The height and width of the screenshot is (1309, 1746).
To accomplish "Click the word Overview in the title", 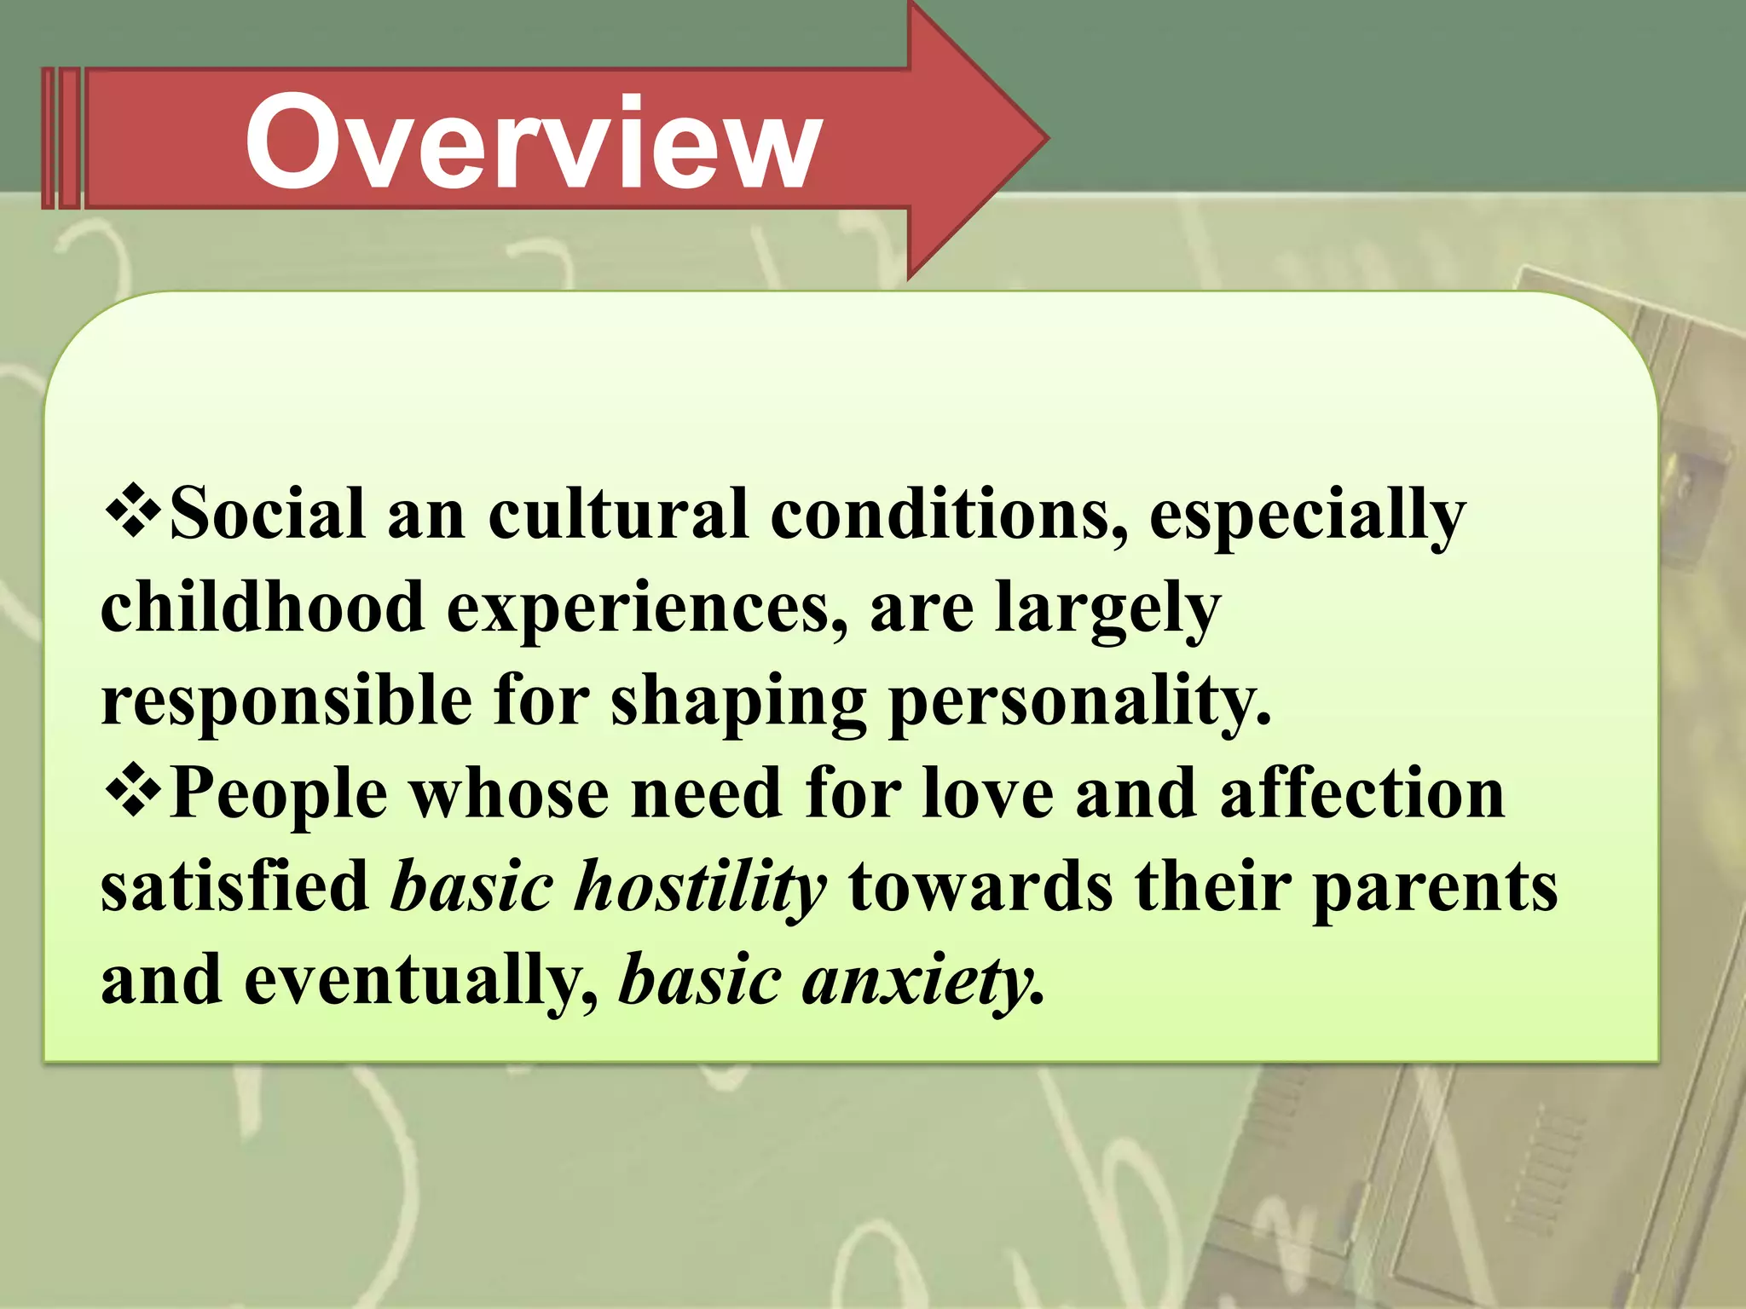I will click(533, 142).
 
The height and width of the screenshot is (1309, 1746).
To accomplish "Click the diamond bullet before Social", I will click(133, 511).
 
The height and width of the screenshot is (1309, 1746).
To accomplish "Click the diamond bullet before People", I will click(133, 790).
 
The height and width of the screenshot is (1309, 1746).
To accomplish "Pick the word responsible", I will click(286, 701).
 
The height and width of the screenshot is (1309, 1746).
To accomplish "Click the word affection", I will click(1362, 793).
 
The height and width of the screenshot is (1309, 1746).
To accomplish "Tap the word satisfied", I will click(234, 886).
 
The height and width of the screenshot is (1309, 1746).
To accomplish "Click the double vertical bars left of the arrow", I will click(61, 139).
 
